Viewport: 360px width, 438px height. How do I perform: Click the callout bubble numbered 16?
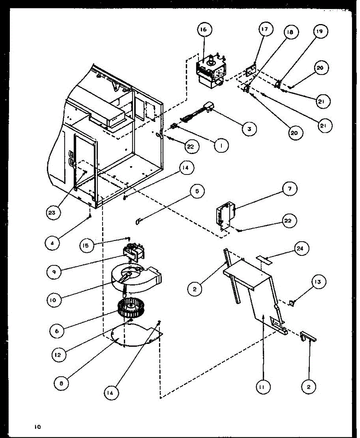coord(203,31)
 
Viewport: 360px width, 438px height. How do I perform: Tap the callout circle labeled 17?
coord(266,30)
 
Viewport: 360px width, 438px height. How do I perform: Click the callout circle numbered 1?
coord(221,146)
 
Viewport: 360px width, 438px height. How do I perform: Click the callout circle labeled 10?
coord(53,301)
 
